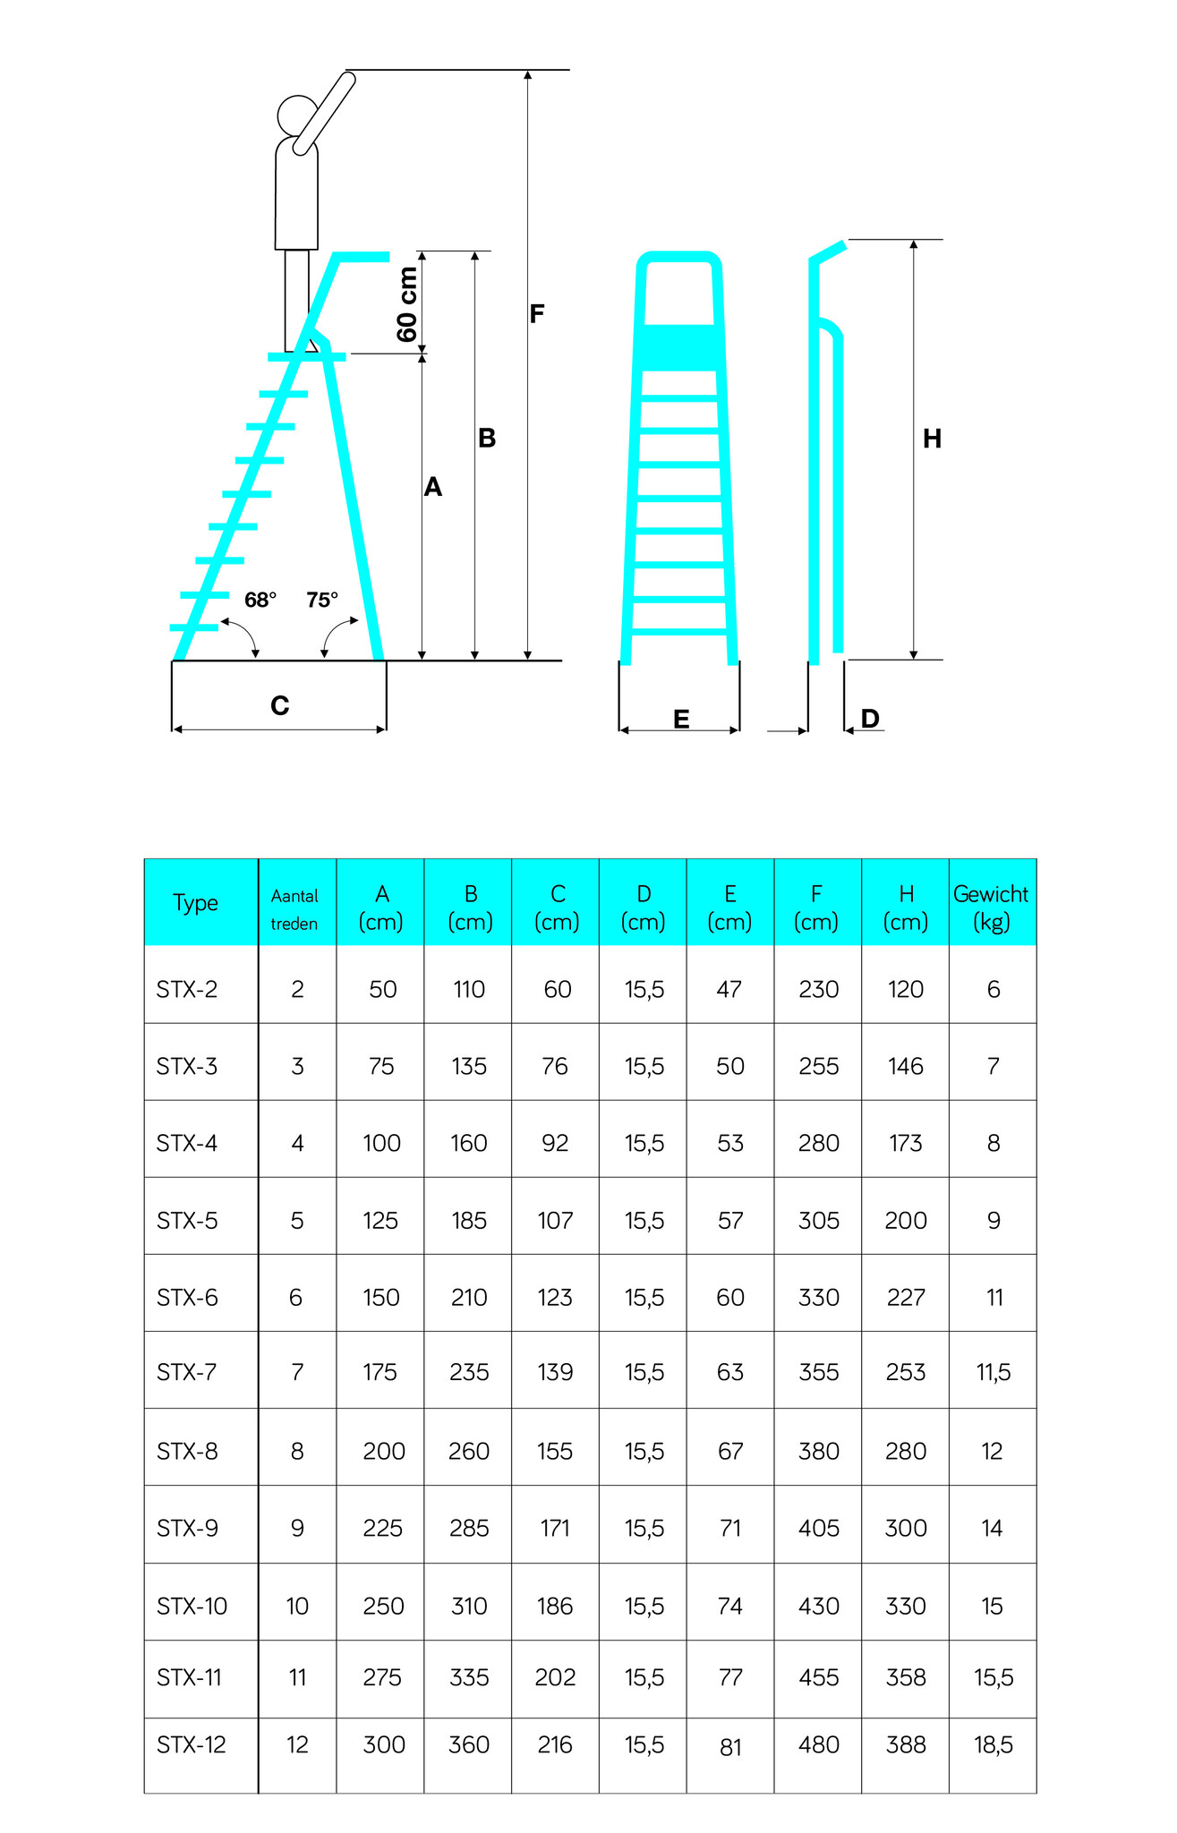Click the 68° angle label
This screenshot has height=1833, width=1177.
260,600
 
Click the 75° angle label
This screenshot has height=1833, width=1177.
322,600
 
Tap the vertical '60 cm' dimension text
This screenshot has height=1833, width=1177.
407,304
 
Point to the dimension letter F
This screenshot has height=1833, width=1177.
537,314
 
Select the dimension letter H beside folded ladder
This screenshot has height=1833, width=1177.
932,439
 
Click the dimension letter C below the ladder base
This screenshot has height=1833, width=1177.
280,706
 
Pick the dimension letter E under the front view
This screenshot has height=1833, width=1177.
681,720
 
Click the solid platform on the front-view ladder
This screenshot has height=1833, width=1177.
679,347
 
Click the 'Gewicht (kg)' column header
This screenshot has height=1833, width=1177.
992,908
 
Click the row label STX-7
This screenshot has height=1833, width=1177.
187,1372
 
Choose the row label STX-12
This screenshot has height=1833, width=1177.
192,1744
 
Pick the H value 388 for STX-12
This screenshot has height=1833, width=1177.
906,1744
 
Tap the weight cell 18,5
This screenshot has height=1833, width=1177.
994,1744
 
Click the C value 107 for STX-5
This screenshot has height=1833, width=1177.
555,1221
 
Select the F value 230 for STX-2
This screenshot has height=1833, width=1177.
819,990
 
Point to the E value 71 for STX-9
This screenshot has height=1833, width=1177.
730,1528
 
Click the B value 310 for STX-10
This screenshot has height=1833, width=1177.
469,1607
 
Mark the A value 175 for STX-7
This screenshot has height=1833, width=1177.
380,1372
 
